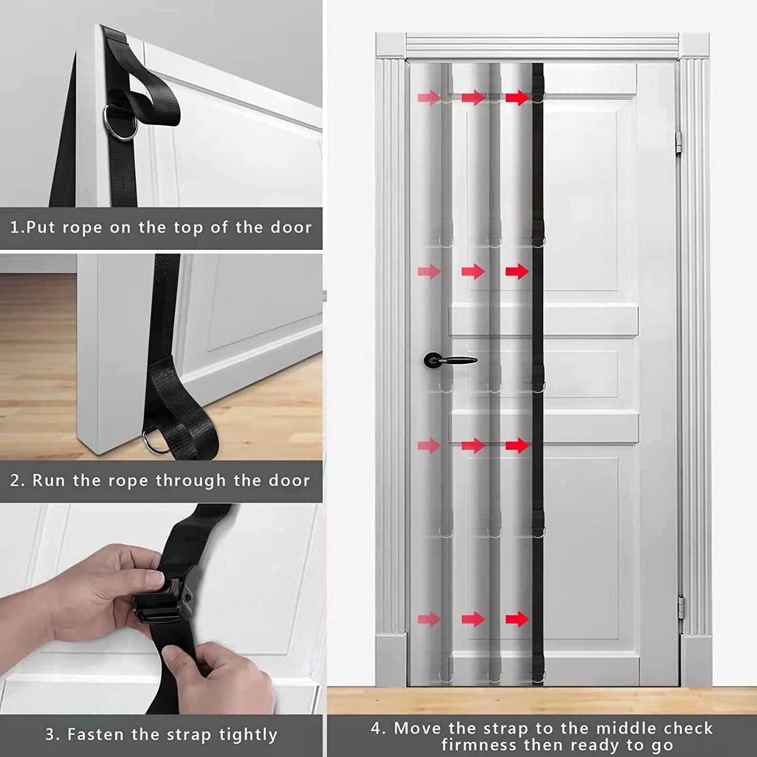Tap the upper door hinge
coord(681,141)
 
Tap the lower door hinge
coord(681,607)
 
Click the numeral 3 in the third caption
coord(49,734)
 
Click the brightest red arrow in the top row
coord(517,97)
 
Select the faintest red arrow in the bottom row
coord(428,619)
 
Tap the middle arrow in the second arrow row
coord(473,271)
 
